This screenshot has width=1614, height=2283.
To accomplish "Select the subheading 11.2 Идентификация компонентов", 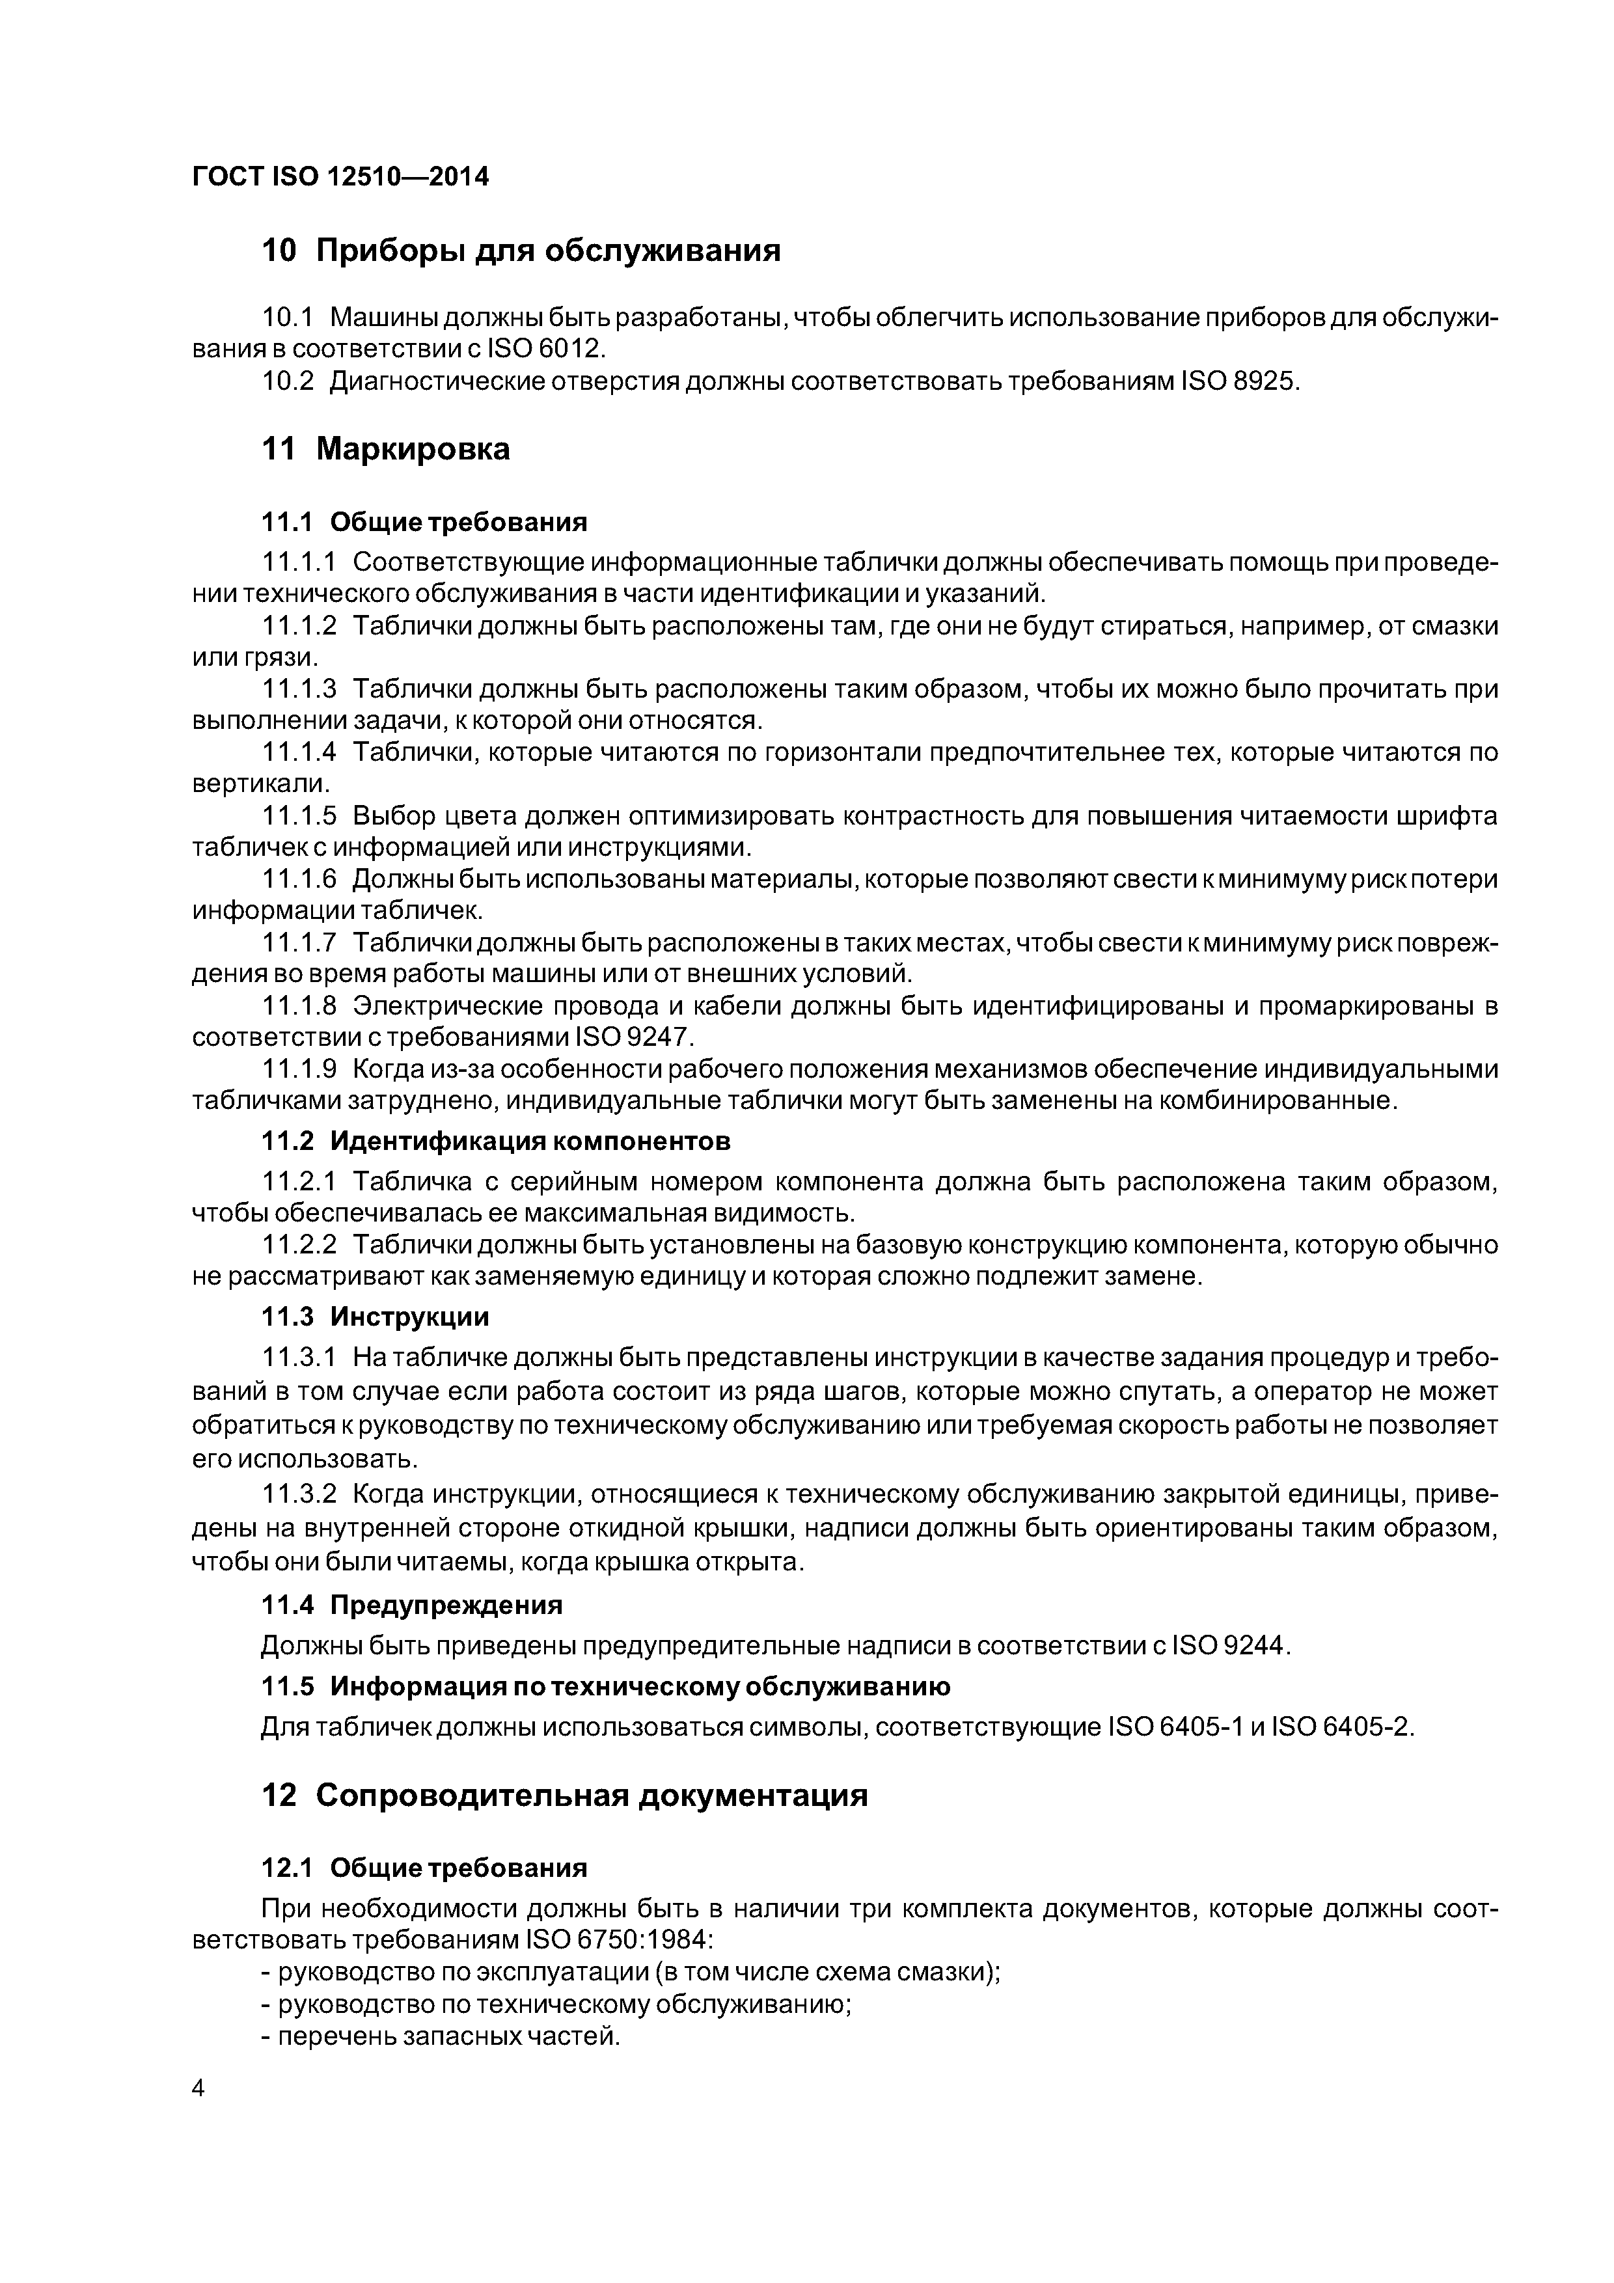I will pyautogui.click(x=496, y=1141).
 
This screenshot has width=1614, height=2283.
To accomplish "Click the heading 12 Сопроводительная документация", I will pyautogui.click(x=565, y=1796).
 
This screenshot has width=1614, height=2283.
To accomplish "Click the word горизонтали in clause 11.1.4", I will pyautogui.click(x=843, y=752).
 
